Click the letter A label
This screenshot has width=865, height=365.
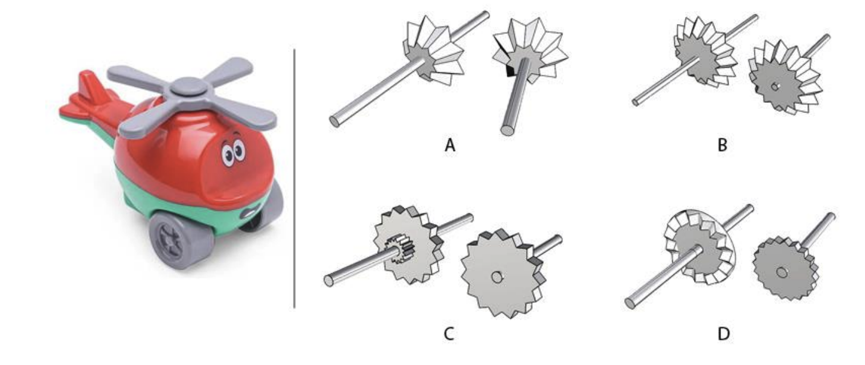tap(449, 145)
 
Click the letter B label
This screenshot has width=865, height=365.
tap(722, 145)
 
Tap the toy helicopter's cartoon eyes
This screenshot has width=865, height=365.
tap(233, 152)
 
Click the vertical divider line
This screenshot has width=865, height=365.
tap(294, 181)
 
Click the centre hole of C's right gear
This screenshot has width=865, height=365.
tap(497, 277)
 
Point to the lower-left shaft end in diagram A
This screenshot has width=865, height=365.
tap(335, 121)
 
